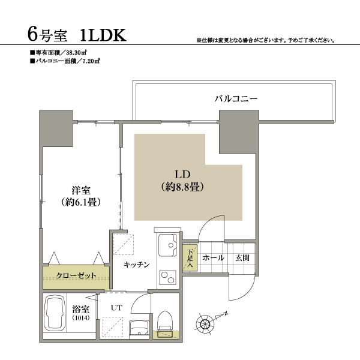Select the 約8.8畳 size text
pos(184,187)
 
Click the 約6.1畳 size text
pos(76,202)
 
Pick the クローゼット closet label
pos(76,275)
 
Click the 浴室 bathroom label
pos(80,309)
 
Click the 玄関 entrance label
pos(242,258)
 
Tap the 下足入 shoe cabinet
pos(190,258)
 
